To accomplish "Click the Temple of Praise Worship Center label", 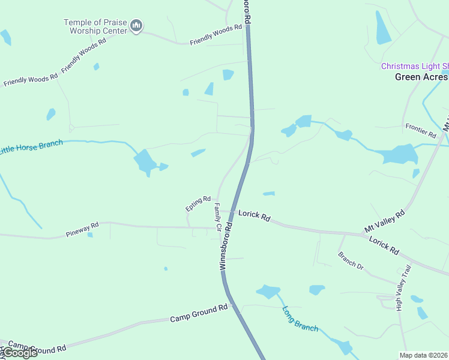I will pyautogui.click(x=95, y=26).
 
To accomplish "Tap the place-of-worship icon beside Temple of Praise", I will pyautogui.click(x=137, y=26).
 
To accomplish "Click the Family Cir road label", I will pyautogui.click(x=218, y=217).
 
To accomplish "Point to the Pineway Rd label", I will pyautogui.click(x=82, y=229).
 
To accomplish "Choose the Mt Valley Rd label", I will pyautogui.click(x=385, y=221).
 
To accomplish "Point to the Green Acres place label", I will pyautogui.click(x=421, y=77).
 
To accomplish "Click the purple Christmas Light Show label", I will pyautogui.click(x=415, y=66).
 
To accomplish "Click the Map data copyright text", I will pyautogui.click(x=423, y=355).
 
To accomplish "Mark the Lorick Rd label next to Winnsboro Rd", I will pyautogui.click(x=255, y=215).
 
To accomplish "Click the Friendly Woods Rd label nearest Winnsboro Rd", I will pyautogui.click(x=215, y=35).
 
